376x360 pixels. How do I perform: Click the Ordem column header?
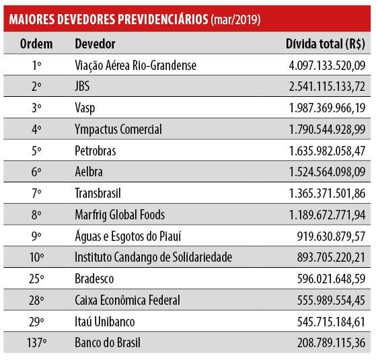pos(36,44)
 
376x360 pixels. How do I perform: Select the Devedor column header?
pos(95,44)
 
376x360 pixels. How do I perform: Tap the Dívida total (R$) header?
pos(326,44)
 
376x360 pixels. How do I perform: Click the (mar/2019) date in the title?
pos(235,20)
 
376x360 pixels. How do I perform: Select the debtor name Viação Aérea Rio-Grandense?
pos(135,65)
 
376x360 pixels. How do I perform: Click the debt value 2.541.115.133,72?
pos(327,86)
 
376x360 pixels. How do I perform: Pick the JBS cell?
pos(82,86)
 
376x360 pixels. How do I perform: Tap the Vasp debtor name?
pos(85,108)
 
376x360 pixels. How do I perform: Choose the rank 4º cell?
pos(36,129)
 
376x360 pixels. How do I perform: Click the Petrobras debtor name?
pos(96,151)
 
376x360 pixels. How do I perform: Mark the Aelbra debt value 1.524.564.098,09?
pos(327,172)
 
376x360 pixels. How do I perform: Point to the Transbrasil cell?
pos(98,193)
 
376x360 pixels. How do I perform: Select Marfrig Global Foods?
pos(120,215)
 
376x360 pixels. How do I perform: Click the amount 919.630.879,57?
pos(331,236)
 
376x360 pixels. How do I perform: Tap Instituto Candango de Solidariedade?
pos(153,258)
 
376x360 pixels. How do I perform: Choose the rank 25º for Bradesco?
pos(36,279)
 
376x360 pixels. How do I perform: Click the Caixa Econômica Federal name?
pos(127,300)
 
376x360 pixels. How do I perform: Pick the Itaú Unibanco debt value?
pos(331,322)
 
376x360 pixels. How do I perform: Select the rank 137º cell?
pos(36,343)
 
